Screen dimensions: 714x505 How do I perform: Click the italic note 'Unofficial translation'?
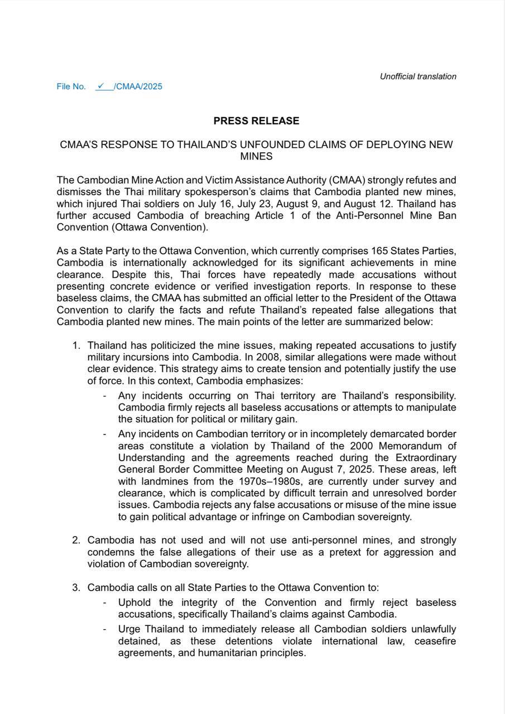(x=418, y=76)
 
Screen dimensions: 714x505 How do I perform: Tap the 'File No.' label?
(x=71, y=86)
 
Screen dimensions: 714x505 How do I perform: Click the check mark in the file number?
(x=100, y=86)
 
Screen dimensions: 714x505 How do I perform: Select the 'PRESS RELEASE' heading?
(x=256, y=121)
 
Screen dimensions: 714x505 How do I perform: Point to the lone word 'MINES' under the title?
(x=256, y=157)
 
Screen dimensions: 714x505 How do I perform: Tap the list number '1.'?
(x=77, y=346)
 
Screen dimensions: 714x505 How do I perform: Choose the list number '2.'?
(x=76, y=541)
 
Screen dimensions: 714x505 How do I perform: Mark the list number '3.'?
(x=76, y=587)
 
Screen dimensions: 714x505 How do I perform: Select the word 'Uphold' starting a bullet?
(x=134, y=603)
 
